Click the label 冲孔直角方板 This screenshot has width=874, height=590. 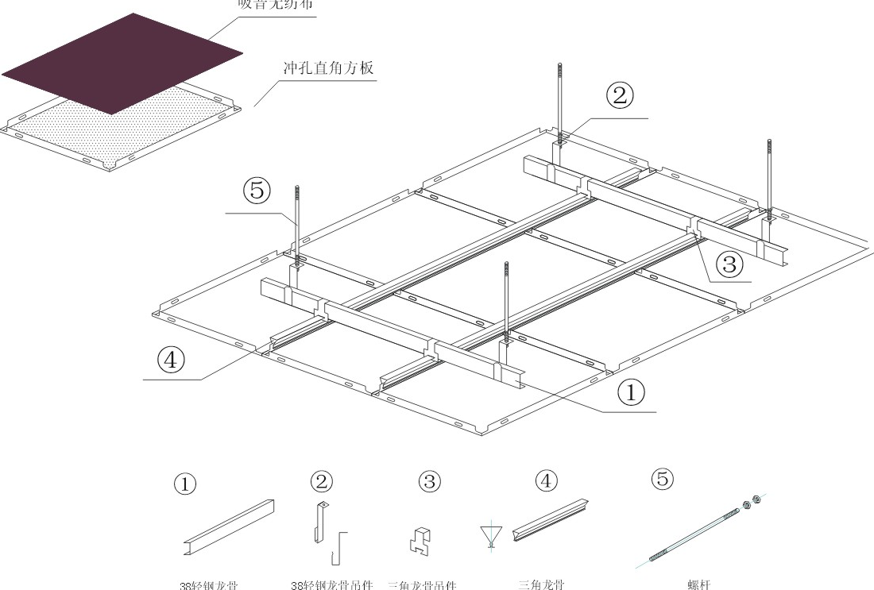click(x=328, y=67)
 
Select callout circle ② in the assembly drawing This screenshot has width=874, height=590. click(x=620, y=96)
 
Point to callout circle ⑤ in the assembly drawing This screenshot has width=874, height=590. click(x=257, y=191)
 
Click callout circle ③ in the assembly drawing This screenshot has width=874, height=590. click(x=729, y=260)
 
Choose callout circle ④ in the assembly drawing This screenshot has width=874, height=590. click(x=171, y=360)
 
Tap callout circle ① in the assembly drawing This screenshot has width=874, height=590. click(x=631, y=392)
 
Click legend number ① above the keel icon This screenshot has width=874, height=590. click(x=185, y=484)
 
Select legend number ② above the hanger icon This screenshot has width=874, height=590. click(x=322, y=481)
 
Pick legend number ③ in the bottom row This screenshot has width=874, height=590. click(x=429, y=481)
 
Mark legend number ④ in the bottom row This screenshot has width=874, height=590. click(x=546, y=480)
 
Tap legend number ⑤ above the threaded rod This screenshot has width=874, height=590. click(x=662, y=480)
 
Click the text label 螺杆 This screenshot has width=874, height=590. click(x=699, y=584)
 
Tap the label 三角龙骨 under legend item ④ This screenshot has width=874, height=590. click(x=542, y=584)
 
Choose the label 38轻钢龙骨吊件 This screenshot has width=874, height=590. click(x=332, y=585)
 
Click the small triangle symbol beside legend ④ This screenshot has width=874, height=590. click(x=491, y=534)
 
